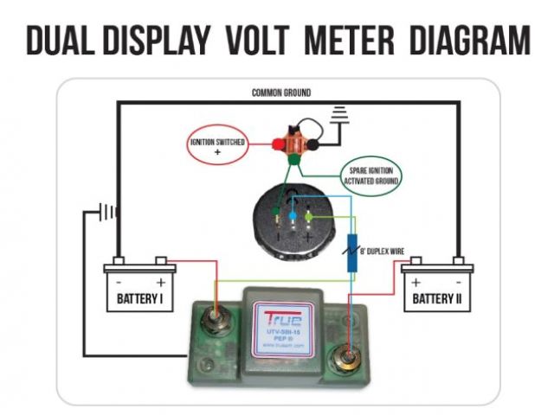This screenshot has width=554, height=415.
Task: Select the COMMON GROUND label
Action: [x=280, y=93]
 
